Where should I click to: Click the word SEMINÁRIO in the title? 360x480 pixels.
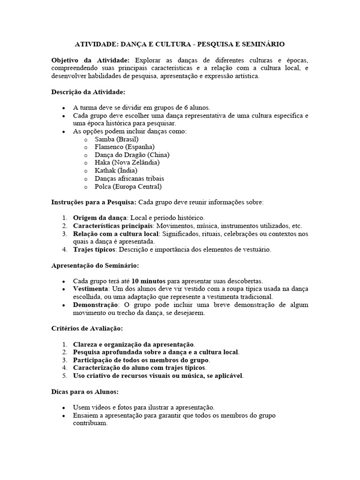click(262, 44)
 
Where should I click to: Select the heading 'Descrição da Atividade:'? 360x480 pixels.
click(88, 92)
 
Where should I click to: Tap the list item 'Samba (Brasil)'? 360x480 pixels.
click(116, 139)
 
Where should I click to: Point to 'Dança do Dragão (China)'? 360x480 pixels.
click(132, 155)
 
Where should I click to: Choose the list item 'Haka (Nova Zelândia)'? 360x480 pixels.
click(127, 163)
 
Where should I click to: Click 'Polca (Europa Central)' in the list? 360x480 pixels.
click(128, 187)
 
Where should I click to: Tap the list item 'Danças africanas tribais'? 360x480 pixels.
click(129, 179)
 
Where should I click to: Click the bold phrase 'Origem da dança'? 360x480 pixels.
click(100, 218)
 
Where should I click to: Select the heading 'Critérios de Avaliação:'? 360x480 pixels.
click(87, 329)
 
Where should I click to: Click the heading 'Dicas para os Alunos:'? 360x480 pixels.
click(84, 392)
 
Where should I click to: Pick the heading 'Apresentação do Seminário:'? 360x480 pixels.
click(95, 265)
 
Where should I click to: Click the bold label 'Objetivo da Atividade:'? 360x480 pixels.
click(90, 60)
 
